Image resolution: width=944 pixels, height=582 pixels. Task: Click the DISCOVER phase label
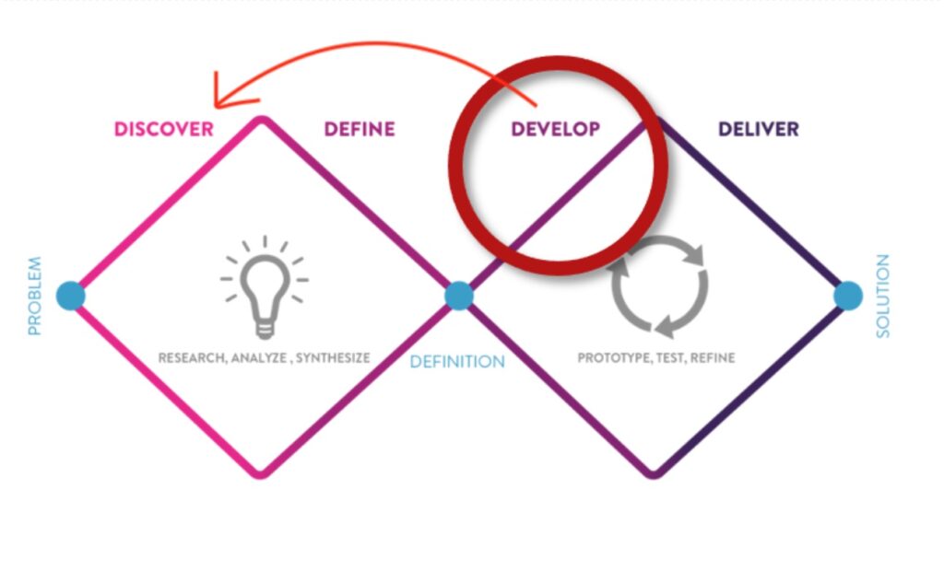pos(164,129)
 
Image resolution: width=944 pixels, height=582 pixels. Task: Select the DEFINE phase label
pos(360,129)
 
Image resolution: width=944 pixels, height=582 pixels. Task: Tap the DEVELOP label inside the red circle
pos(555,129)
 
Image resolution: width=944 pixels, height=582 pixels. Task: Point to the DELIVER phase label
pos(759,129)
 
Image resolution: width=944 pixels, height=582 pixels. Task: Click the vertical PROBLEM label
pos(35,296)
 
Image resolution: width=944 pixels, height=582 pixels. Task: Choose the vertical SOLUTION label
pos(882,296)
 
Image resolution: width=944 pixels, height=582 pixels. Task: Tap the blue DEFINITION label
pos(457,361)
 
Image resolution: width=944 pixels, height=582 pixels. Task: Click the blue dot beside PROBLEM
pos(71,296)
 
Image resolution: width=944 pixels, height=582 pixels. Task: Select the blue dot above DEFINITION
pos(459,296)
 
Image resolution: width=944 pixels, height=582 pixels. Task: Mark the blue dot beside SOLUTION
pos(848,296)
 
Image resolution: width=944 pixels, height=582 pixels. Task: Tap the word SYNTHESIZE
pos(333,357)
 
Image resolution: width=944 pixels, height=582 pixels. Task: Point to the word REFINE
pos(713,357)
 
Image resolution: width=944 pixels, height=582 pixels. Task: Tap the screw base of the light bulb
pos(265,330)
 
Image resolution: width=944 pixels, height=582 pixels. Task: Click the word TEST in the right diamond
pos(670,357)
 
